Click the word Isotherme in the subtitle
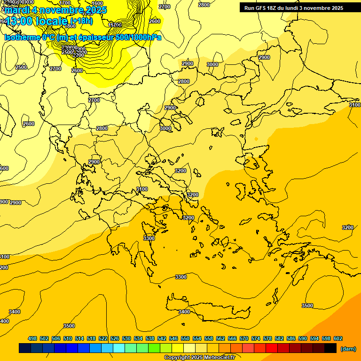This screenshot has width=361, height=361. pyautogui.click(x=22, y=37)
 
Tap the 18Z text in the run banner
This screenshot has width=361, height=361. pyautogui.click(x=275, y=8)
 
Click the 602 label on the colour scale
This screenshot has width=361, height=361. pyautogui.click(x=338, y=338)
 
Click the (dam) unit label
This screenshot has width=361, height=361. pyautogui.click(x=348, y=349)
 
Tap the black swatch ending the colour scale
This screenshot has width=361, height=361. pyautogui.click(x=330, y=348)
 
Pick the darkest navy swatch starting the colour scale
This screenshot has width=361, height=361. pyautogui.click(x=25, y=348)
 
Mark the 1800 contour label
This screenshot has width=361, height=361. pyautogui.click(x=70, y=26)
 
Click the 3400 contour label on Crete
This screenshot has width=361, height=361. pyautogui.click(x=184, y=312)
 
